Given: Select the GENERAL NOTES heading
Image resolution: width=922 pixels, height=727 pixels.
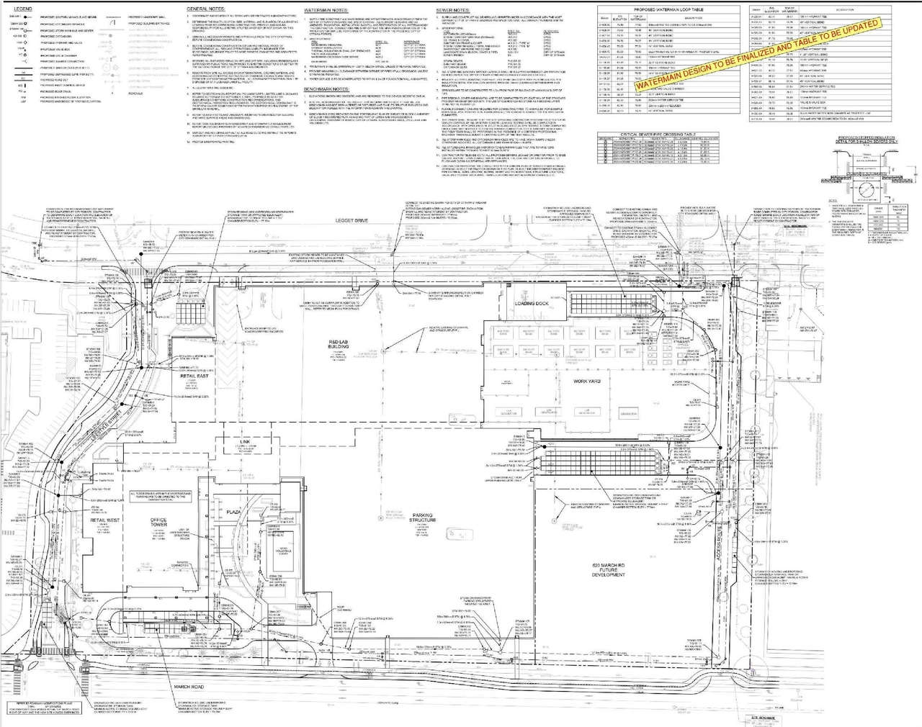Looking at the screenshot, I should [x=205, y=9].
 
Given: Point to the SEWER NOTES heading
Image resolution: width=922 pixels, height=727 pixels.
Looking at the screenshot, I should [x=454, y=10].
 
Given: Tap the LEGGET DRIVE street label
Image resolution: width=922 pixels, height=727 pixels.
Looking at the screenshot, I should [x=352, y=220].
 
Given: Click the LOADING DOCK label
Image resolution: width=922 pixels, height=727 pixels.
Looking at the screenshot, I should [x=532, y=304].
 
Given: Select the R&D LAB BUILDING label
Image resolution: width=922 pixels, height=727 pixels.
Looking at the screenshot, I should [x=339, y=343].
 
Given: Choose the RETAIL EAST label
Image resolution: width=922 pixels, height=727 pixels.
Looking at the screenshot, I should [x=194, y=376].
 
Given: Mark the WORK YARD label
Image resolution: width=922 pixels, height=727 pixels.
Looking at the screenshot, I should [x=586, y=381].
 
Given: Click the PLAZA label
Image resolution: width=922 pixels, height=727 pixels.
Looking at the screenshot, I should [x=233, y=512].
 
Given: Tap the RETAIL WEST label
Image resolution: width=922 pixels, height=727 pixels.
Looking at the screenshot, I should [x=105, y=519].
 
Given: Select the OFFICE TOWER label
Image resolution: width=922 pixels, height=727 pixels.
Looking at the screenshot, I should [x=158, y=522].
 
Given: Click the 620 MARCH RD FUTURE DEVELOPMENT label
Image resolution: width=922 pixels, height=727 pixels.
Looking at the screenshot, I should [x=608, y=569].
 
